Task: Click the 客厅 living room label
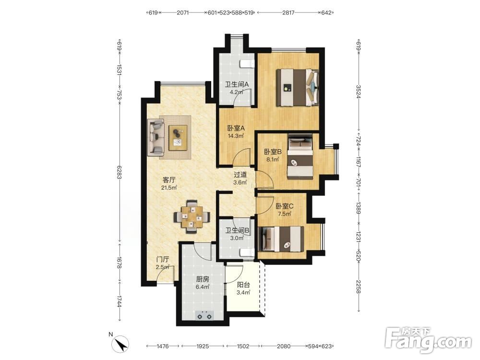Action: (169, 180)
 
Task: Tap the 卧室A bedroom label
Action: (236, 128)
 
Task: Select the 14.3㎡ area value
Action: (236, 136)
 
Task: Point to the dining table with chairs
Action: (192, 217)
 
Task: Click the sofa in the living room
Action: (156, 137)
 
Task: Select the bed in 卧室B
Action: (300, 157)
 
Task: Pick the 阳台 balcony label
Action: (243, 285)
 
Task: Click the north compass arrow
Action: (120, 344)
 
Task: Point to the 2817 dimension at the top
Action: (288, 12)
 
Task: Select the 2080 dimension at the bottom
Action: (284, 346)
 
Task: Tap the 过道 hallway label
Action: (240, 175)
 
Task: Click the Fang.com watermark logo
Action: (429, 340)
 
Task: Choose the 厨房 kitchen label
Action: (203, 279)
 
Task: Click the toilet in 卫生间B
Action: (246, 252)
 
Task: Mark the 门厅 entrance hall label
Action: (163, 259)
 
